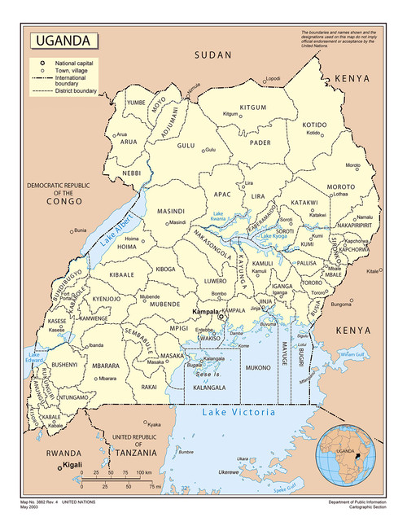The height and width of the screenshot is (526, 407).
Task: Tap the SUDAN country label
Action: point(213,55)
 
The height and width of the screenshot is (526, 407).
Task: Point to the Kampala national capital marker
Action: point(219,318)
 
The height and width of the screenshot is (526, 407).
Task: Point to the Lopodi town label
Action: point(273,79)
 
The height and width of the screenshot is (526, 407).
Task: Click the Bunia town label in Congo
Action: point(80,231)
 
